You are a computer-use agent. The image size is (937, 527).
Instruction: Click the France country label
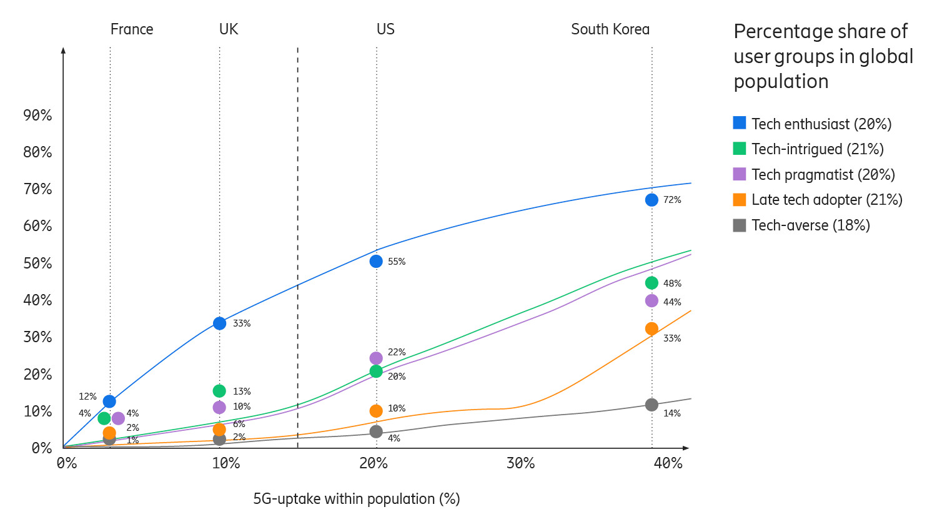(x=132, y=29)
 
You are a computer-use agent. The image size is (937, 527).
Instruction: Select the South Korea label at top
(x=610, y=29)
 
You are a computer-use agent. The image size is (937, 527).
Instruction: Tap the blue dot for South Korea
(x=652, y=200)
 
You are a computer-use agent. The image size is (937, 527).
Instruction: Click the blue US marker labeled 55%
(x=376, y=262)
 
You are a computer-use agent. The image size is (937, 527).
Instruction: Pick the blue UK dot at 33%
(x=219, y=323)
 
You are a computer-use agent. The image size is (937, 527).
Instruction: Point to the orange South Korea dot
(x=652, y=329)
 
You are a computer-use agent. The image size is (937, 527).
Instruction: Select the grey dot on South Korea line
(x=652, y=405)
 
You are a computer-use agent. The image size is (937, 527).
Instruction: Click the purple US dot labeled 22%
(x=376, y=358)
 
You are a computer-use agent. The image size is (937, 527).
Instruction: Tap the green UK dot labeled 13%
(x=219, y=391)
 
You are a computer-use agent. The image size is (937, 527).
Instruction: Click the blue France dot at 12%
(x=109, y=401)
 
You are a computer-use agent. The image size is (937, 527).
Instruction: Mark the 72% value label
(x=672, y=200)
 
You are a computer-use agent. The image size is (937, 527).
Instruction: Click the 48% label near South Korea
(x=672, y=283)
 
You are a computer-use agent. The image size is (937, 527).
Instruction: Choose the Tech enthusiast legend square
(x=740, y=123)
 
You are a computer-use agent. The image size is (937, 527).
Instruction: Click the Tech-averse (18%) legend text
(x=810, y=225)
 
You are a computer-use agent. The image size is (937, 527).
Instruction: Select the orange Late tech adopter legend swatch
(x=740, y=200)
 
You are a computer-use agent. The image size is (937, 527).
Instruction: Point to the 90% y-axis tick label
(x=37, y=116)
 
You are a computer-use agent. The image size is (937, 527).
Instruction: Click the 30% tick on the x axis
(x=520, y=463)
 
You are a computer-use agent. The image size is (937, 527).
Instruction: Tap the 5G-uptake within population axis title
(x=356, y=499)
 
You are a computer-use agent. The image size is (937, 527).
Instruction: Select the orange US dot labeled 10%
(x=376, y=411)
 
